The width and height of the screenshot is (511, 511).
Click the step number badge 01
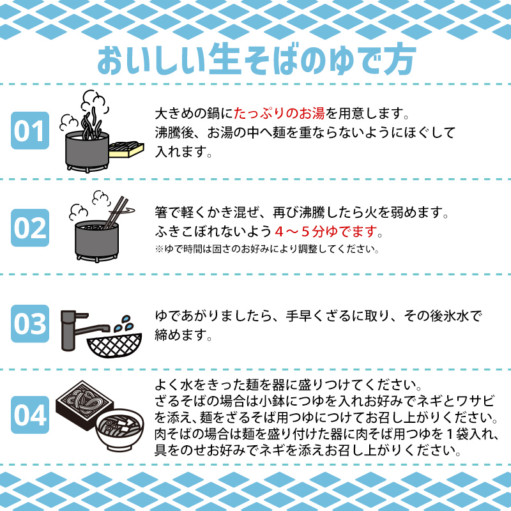[x=29, y=131]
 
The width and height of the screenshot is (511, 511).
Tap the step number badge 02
[x=29, y=227]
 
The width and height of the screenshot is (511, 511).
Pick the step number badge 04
[x=29, y=415]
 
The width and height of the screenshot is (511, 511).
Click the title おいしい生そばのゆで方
[x=256, y=59]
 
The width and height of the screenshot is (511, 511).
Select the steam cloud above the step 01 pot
[x=95, y=102]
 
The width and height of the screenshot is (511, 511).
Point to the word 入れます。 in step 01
[x=183, y=152]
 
